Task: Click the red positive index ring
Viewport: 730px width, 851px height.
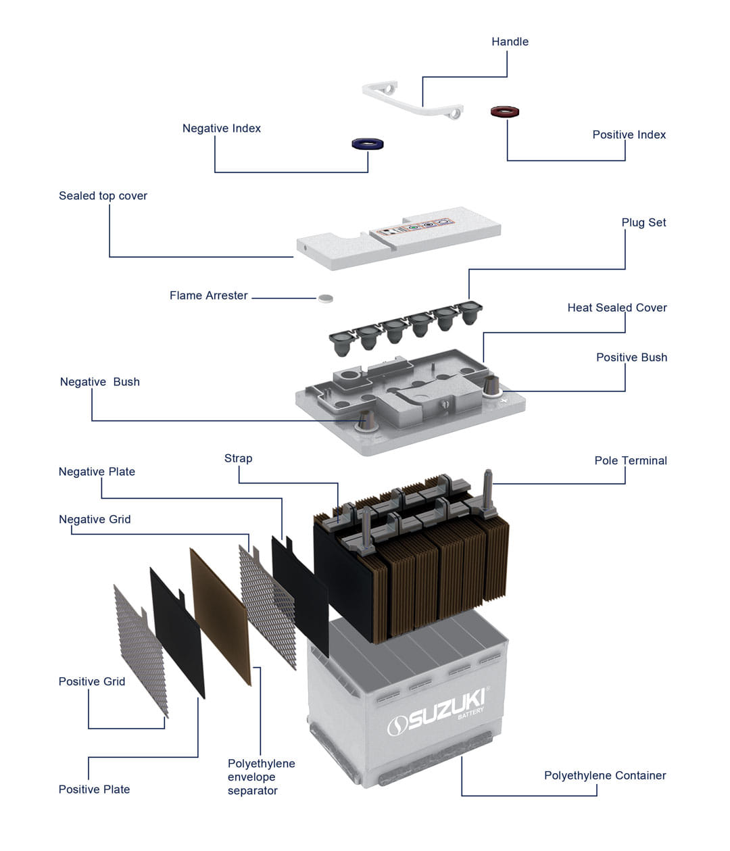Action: click(505, 112)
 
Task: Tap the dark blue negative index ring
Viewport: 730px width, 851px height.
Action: click(368, 144)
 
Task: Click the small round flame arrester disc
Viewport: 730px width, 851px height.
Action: click(326, 297)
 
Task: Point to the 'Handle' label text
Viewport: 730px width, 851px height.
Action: click(510, 42)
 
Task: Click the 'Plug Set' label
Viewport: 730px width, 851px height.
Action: click(643, 222)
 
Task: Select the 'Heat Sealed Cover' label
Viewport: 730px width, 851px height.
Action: click(616, 308)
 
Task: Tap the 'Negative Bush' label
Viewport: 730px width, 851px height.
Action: click(100, 382)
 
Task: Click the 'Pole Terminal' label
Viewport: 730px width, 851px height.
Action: click(630, 460)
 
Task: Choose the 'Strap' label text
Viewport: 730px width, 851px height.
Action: click(238, 458)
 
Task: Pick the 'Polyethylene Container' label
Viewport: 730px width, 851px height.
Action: click(604, 775)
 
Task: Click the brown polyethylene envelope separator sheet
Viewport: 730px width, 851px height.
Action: click(222, 615)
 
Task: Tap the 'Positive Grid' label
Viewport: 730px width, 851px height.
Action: click(92, 681)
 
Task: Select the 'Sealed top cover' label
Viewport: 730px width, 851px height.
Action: click(103, 196)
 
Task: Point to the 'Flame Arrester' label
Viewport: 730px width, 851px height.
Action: click(208, 295)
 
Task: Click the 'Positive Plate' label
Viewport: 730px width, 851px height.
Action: click(94, 789)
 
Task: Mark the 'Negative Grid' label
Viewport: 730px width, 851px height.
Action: click(95, 519)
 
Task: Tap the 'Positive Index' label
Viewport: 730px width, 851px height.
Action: click(629, 135)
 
